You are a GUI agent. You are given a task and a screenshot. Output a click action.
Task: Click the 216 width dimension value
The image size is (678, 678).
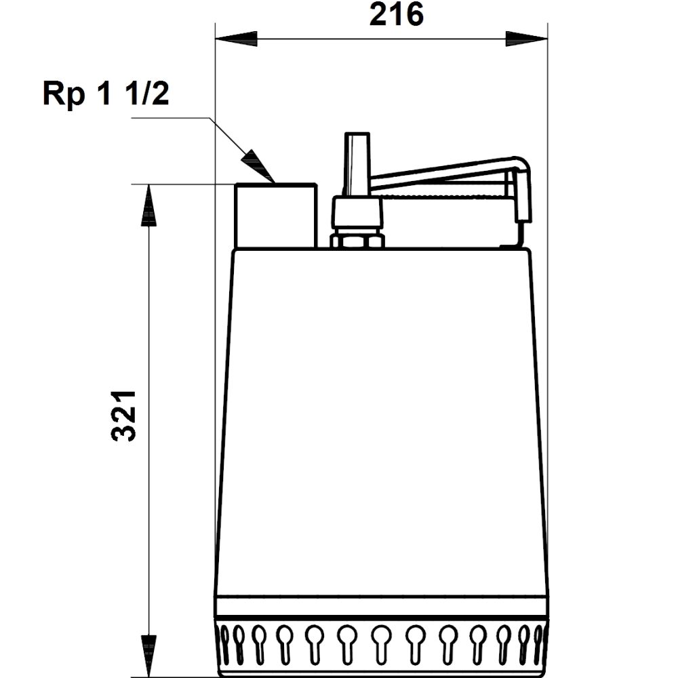point(396,15)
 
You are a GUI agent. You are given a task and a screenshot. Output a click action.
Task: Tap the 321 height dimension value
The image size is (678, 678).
point(125,416)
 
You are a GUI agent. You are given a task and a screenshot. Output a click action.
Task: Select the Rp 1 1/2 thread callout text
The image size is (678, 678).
point(106,94)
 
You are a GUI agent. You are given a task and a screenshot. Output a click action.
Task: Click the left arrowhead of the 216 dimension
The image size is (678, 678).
point(235,39)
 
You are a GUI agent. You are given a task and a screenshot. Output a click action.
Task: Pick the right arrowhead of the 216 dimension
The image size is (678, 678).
point(527,39)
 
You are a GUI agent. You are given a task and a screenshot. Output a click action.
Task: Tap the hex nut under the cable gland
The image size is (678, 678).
point(357,240)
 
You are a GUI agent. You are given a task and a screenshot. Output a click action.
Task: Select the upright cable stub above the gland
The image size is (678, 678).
point(357,163)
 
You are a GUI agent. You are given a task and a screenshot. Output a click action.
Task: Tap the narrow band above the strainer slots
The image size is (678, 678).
point(382,606)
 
